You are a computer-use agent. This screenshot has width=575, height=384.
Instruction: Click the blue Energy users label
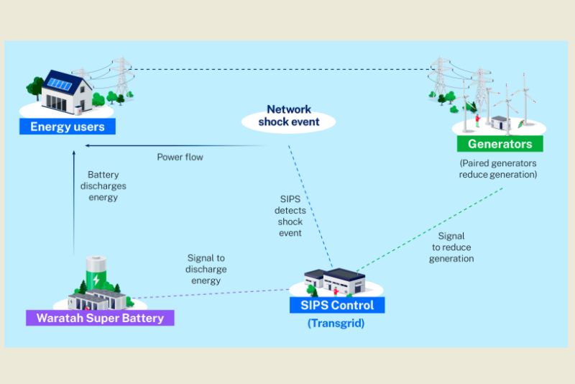tap(68, 127)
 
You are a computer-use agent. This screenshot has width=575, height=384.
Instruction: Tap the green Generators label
tap(500, 144)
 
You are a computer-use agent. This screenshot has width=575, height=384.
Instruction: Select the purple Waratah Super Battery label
tap(100, 318)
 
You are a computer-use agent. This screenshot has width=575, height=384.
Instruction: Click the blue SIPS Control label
tap(337, 305)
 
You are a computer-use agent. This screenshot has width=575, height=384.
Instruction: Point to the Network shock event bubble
tap(289, 116)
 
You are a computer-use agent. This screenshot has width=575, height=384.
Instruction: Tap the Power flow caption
tap(180, 157)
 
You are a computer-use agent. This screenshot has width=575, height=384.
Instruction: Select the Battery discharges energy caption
tap(103, 186)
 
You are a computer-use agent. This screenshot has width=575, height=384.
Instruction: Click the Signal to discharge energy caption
tap(207, 269)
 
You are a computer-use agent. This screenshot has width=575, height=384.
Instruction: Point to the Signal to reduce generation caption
tap(451, 247)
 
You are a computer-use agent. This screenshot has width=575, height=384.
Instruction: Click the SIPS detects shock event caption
tap(290, 216)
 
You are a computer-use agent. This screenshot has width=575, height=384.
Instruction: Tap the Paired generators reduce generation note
tap(498, 169)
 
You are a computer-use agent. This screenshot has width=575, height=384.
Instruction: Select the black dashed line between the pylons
tap(280, 69)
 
